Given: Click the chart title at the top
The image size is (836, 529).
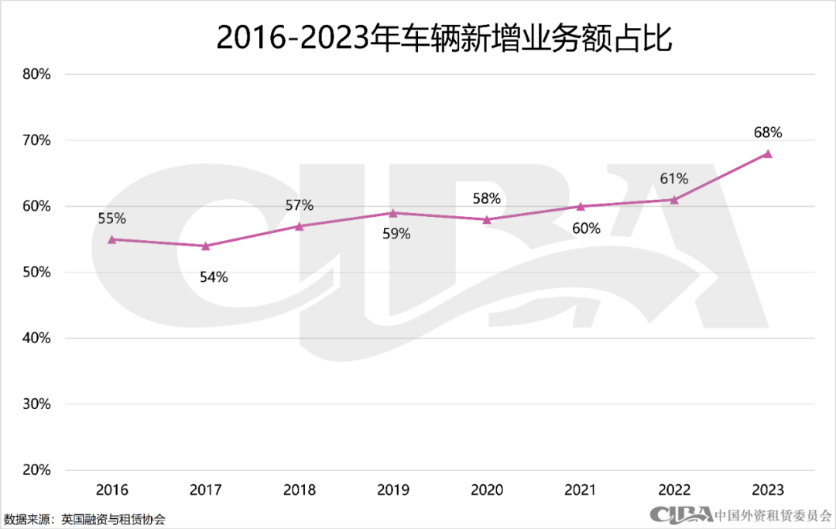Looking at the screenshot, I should pyautogui.click(x=444, y=38).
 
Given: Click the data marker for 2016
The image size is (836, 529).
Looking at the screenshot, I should pyautogui.click(x=112, y=239).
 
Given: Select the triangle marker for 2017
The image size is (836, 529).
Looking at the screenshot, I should pyautogui.click(x=206, y=246).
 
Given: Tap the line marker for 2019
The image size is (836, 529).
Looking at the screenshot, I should pyautogui.click(x=393, y=213).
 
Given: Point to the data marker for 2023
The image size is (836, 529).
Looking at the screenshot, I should pyautogui.click(x=768, y=153).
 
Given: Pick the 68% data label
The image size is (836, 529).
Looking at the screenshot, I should pyautogui.click(x=768, y=132).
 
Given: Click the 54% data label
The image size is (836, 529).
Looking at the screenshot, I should pyautogui.click(x=214, y=277).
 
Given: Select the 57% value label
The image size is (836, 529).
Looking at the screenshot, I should pyautogui.click(x=299, y=205).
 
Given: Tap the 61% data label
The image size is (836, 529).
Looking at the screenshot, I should pyautogui.click(x=673, y=179).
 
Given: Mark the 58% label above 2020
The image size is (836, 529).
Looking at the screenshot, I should pyautogui.click(x=486, y=199).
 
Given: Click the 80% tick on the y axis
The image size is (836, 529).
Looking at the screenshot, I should pyautogui.click(x=36, y=74).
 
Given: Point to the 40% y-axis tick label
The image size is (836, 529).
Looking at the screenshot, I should pyautogui.click(x=36, y=338).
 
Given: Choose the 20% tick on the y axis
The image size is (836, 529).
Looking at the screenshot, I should pyautogui.click(x=36, y=470).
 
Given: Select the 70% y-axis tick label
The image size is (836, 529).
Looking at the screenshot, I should pyautogui.click(x=36, y=140).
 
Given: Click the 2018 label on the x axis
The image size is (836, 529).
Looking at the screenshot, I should pyautogui.click(x=300, y=490).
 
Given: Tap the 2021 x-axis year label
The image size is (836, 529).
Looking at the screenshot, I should pyautogui.click(x=581, y=490).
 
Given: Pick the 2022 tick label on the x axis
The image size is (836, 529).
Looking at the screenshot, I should pyautogui.click(x=674, y=490).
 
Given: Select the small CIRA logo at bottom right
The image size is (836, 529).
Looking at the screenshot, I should pyautogui.click(x=680, y=514).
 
